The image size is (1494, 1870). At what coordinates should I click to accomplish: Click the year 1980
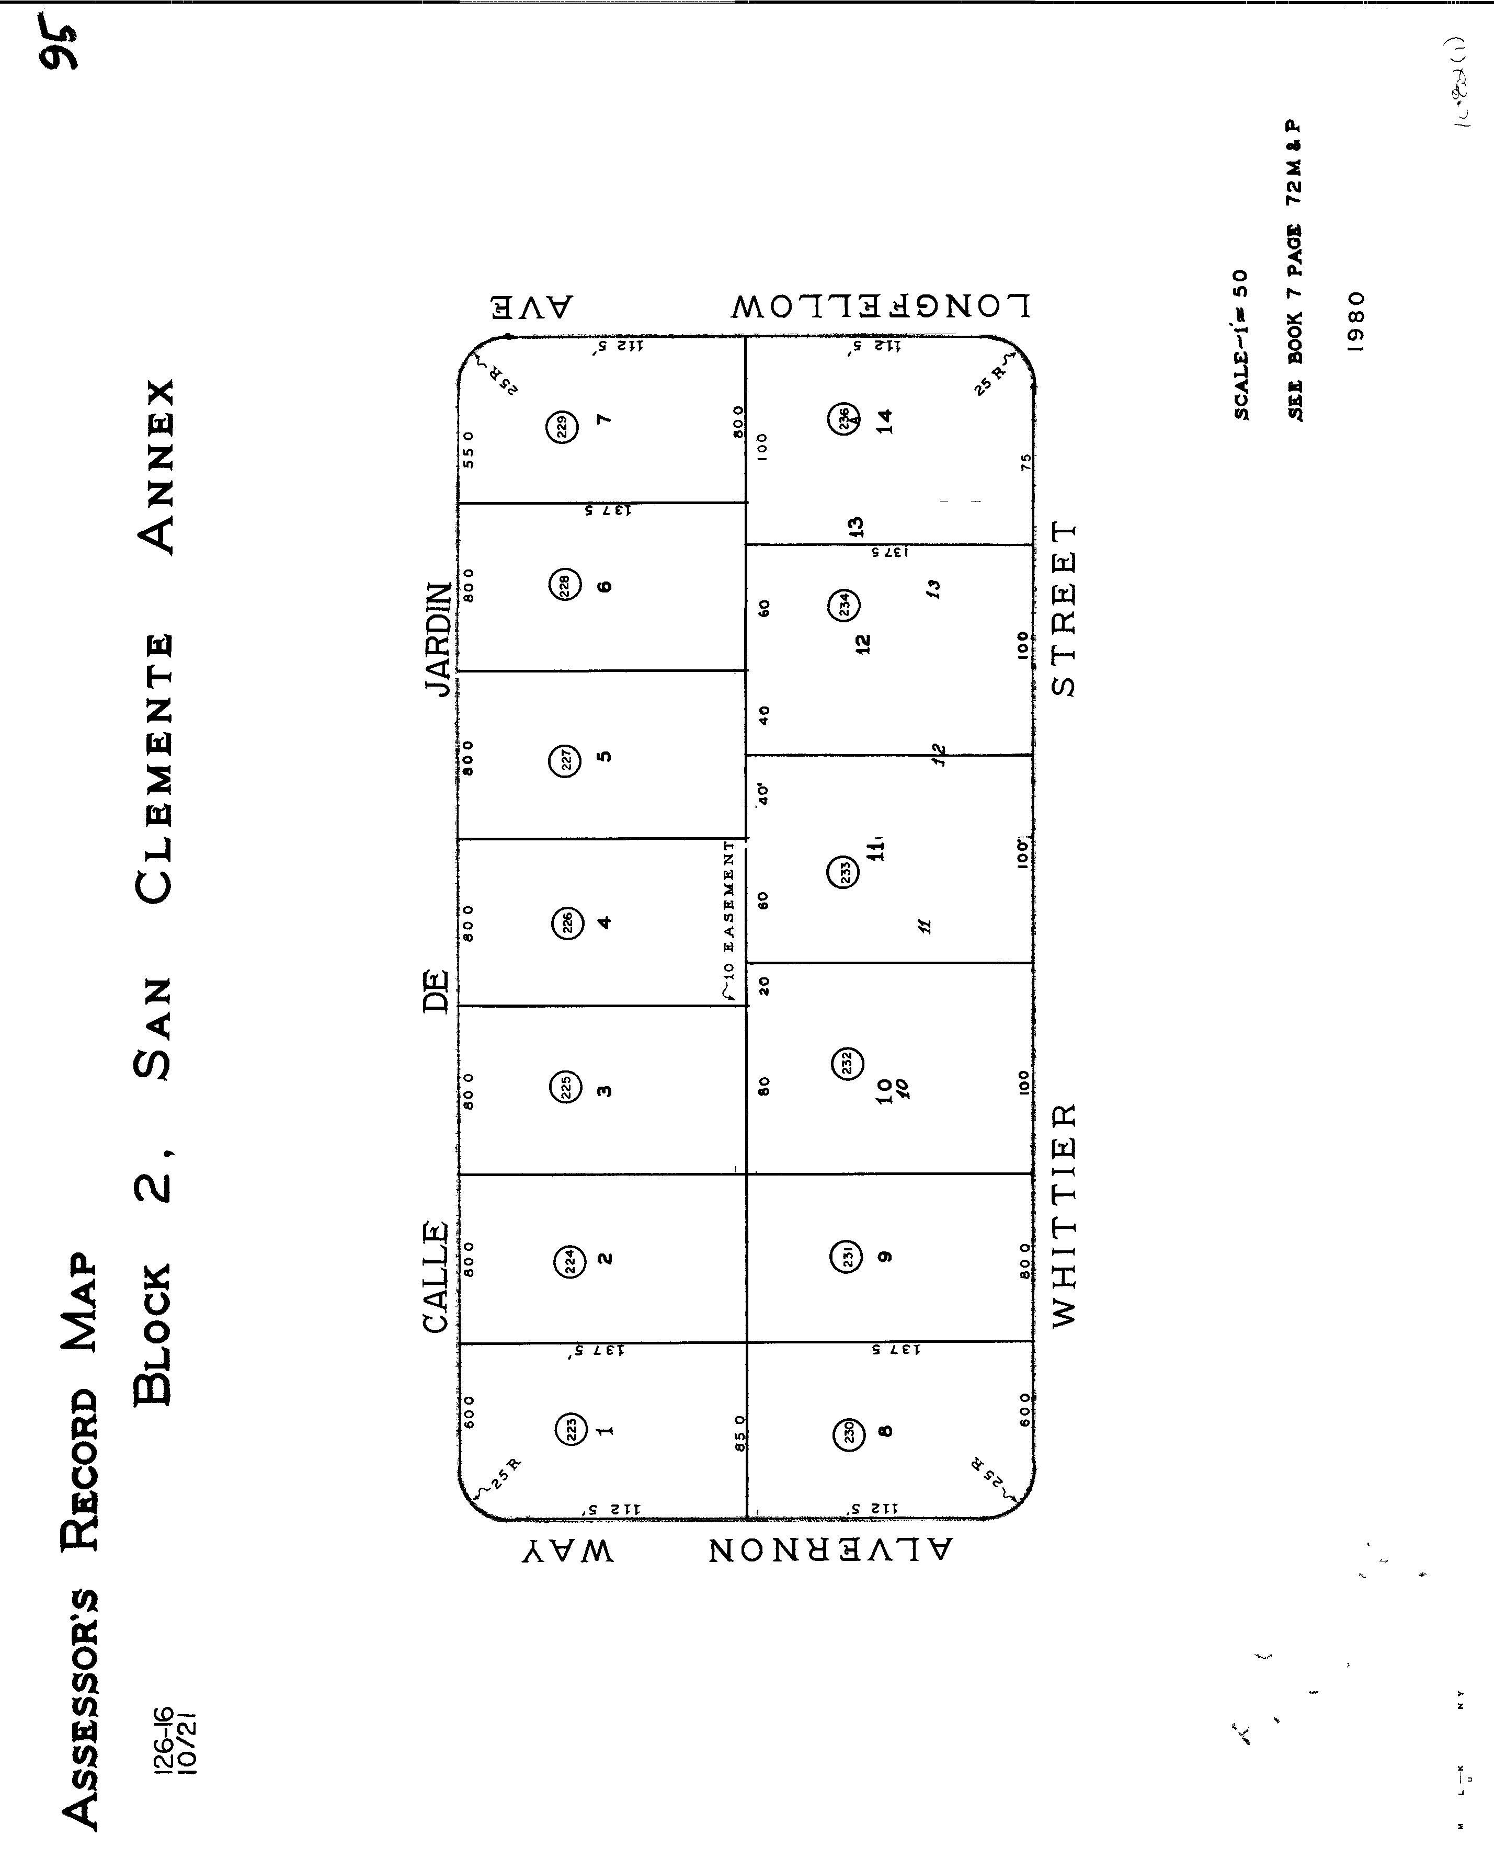pos(1357,321)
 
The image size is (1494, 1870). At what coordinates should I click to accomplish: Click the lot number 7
pos(605,419)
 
